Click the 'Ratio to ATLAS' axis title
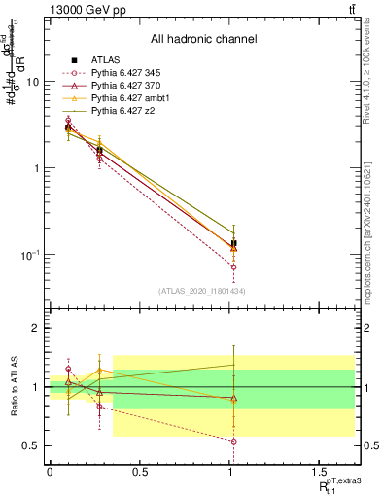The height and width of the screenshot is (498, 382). pyautogui.click(x=14, y=387)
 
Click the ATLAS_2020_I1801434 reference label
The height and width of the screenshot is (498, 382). pyautogui.click(x=183, y=292)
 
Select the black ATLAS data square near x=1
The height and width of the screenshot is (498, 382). pyautogui.click(x=234, y=243)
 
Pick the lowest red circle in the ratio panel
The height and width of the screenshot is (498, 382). pyautogui.click(x=234, y=441)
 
